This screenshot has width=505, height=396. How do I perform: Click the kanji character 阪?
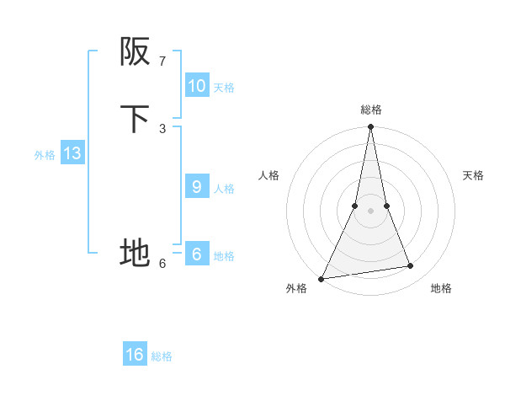(135, 52)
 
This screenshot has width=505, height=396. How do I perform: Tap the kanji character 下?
(135, 119)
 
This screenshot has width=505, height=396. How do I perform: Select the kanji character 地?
(135, 252)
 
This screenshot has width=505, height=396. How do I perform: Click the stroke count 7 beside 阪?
(162, 62)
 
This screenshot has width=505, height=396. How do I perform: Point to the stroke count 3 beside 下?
(162, 128)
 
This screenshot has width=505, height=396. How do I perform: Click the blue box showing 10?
(196, 86)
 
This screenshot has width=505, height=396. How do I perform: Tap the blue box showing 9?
(196, 187)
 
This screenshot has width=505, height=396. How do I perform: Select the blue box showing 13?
(72, 153)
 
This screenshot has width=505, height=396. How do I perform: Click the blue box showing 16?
(135, 355)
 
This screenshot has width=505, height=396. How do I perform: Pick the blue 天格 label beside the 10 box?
(224, 88)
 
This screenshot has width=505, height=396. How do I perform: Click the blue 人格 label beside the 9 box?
(224, 189)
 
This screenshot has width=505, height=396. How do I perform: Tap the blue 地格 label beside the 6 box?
(224, 256)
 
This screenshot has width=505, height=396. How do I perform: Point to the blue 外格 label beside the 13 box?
(45, 155)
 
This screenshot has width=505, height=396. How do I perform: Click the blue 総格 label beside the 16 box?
(162, 356)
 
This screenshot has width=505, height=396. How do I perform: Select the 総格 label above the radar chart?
(370, 110)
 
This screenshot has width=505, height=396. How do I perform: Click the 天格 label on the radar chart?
(473, 175)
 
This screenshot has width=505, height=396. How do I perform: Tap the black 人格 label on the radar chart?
(268, 175)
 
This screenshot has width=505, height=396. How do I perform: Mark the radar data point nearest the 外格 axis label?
(321, 278)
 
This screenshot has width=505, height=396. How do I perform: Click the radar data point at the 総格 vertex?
(370, 127)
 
